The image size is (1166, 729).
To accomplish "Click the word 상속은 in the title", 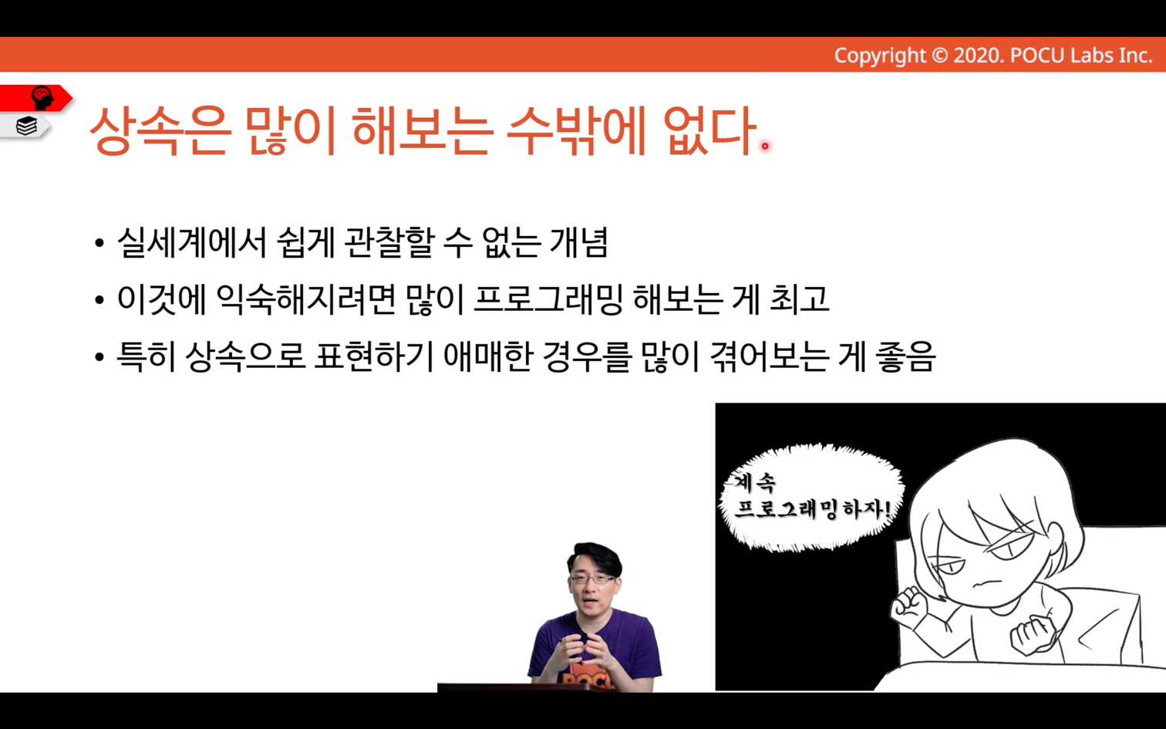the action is click(161, 130).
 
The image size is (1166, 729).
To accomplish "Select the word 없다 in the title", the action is click(709, 130).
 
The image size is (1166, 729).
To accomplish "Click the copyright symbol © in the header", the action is click(939, 55).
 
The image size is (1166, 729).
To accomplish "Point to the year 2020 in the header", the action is click(979, 55).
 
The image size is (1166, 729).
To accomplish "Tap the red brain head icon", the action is click(42, 98).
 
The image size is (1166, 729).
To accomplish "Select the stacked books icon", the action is click(26, 126).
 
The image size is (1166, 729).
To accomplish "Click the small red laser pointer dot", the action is click(765, 146).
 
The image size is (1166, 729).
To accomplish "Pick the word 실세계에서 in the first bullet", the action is click(192, 243).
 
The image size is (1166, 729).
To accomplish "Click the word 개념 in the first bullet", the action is click(579, 243).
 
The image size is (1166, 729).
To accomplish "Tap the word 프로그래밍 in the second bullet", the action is click(548, 299).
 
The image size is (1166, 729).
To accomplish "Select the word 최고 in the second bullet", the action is click(800, 299).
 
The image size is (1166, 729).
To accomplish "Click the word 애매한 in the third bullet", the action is click(488, 356).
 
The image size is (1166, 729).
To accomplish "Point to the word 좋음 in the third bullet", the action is click(905, 356).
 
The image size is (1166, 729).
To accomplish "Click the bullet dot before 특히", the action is click(99, 358).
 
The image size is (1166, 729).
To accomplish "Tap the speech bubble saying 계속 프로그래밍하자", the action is click(812, 498).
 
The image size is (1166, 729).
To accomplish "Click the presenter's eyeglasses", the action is click(595, 579).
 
